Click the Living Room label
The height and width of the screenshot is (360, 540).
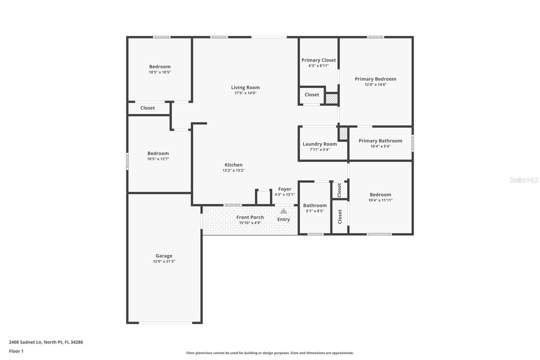[x=245, y=87]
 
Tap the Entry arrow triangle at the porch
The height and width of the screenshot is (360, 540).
[x=283, y=211]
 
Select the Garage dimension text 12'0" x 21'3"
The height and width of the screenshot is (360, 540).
[x=164, y=261]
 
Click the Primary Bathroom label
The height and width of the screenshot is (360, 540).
[x=380, y=141]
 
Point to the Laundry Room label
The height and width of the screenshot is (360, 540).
[x=320, y=144]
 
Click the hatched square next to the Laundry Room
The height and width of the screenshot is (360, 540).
[x=343, y=133]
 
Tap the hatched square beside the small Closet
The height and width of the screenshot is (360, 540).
[x=331, y=99]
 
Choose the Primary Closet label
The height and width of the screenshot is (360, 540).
[x=319, y=60]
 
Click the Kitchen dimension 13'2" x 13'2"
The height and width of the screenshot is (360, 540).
[x=234, y=171]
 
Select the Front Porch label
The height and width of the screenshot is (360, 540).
[x=250, y=217]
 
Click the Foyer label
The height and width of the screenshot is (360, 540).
[x=285, y=189]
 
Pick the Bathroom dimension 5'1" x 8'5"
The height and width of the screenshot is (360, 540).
[x=315, y=211]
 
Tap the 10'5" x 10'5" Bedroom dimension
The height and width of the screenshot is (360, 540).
[x=160, y=72]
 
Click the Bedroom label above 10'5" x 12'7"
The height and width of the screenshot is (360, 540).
[x=158, y=153]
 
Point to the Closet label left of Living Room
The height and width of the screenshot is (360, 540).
[x=147, y=108]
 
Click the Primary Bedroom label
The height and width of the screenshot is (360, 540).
[x=375, y=79]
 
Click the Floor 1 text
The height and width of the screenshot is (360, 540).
[x=16, y=351]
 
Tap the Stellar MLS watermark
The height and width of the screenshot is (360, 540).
[x=524, y=180]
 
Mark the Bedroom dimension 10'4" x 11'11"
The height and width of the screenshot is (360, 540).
[x=380, y=200]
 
